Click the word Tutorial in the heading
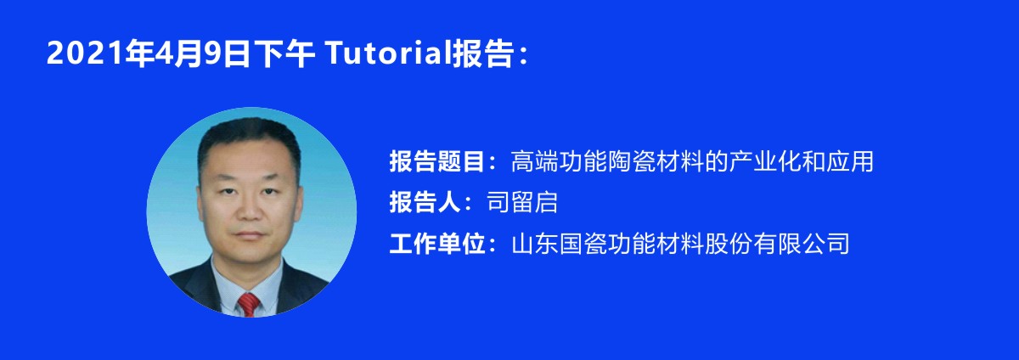(x=388, y=53)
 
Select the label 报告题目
(x=436, y=161)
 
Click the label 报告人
(x=425, y=202)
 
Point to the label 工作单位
(x=436, y=243)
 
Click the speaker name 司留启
(x=522, y=202)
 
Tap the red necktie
(x=248, y=305)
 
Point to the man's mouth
(x=250, y=235)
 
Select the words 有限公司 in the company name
(x=801, y=243)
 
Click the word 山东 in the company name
(x=535, y=243)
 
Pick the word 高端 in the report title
(x=535, y=161)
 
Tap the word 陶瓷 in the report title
(x=632, y=161)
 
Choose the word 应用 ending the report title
(x=850, y=161)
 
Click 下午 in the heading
(x=284, y=53)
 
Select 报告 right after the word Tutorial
(x=482, y=53)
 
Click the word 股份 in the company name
(x=729, y=243)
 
